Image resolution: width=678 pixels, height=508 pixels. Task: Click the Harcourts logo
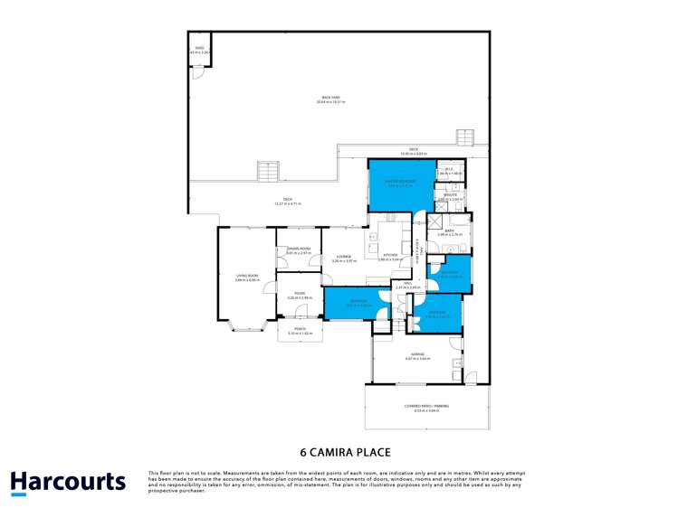pyautogui.click(x=68, y=482)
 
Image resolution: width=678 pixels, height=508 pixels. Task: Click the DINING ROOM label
pyautogui.click(x=299, y=251)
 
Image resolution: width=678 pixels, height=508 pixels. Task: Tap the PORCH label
pyautogui.click(x=300, y=331)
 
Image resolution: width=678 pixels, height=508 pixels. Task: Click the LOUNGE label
pyautogui.click(x=343, y=258)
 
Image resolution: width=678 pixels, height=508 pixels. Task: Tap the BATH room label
pyautogui.click(x=450, y=232)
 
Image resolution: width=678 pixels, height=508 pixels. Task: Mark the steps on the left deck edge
pyautogui.click(x=268, y=170)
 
